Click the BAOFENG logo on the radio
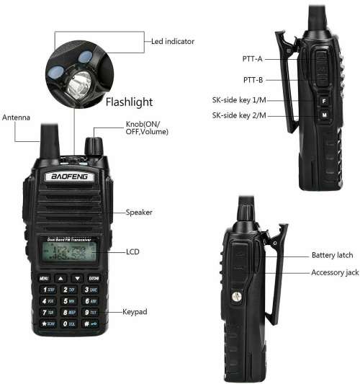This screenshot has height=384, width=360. tap(68, 177)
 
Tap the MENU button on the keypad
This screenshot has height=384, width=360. tap(44, 277)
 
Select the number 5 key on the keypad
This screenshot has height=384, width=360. tap(69, 300)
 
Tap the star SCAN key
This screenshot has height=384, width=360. tap(48, 324)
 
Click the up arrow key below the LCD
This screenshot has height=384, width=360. tap(61, 277)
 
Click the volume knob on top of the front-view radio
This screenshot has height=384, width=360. tap(93, 145)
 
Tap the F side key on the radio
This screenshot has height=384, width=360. tap(324, 102)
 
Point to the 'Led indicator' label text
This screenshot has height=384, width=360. tap(172, 41)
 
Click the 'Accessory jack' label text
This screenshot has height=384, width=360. tap(335, 272)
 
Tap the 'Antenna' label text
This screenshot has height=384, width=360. tap(17, 117)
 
